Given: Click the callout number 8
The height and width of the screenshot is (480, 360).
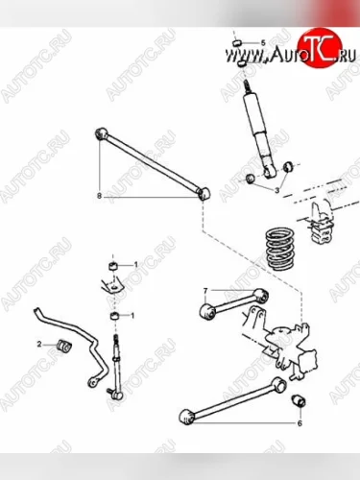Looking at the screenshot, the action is [x=99, y=196].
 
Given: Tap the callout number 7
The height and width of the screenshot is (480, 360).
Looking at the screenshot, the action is [x=205, y=290].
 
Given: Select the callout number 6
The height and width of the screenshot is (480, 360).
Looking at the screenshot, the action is [x=300, y=423].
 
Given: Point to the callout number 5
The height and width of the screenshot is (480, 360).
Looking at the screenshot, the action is [x=263, y=43].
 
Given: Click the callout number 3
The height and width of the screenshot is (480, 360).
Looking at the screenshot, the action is [x=277, y=190].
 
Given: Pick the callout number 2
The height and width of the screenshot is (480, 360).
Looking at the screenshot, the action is [x=39, y=345].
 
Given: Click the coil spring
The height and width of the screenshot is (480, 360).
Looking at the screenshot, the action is [x=279, y=249].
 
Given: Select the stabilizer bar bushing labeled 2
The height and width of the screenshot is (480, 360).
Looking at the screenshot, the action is [x=64, y=346].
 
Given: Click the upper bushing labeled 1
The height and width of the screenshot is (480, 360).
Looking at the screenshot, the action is [x=112, y=266].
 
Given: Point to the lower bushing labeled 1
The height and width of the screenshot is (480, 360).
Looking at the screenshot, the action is [x=114, y=316].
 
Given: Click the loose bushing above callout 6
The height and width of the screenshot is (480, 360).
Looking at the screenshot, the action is [x=299, y=401].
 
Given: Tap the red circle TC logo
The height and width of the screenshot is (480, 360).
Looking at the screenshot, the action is [x=320, y=48].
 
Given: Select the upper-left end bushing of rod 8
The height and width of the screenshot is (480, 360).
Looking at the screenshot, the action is [x=102, y=133].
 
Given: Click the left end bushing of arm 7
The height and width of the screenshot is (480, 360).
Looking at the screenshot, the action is [x=208, y=311].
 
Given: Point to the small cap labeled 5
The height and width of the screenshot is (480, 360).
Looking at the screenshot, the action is [x=237, y=42].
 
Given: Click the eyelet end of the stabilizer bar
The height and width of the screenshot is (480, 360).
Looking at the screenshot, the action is [x=92, y=382].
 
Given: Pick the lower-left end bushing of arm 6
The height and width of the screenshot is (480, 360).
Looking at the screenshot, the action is [x=187, y=417].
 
